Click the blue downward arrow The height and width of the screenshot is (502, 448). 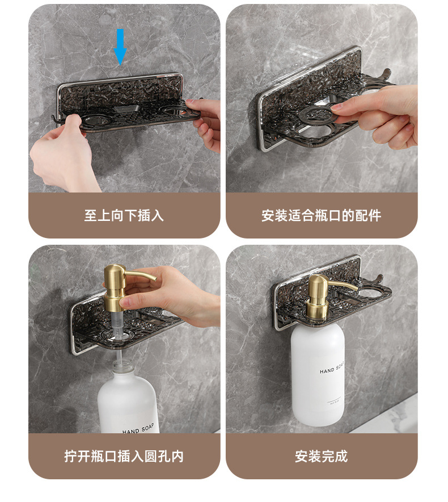(120, 47)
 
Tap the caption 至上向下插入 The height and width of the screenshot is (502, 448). (124, 215)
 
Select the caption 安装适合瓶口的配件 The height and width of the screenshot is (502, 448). (322, 215)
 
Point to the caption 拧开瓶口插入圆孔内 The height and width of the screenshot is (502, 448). (124, 456)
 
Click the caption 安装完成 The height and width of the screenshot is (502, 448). (322, 456)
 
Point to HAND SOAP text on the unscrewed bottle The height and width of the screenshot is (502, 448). (138, 429)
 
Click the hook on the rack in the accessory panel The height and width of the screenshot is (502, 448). (386, 74)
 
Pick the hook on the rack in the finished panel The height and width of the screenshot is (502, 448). (378, 279)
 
